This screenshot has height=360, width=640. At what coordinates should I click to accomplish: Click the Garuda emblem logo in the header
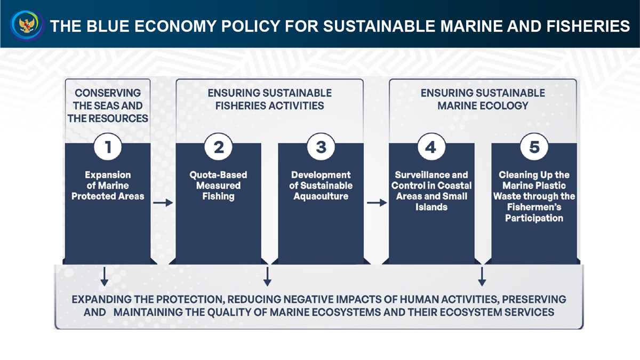coord(27,25)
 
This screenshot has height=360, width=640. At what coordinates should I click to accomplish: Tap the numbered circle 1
coord(108,147)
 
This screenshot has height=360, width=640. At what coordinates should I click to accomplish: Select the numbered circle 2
coord(218,147)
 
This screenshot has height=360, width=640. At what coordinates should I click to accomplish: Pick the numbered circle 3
coord(321,147)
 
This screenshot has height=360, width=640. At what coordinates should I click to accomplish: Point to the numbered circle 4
coord(431,147)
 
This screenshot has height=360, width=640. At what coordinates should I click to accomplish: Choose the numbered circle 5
coord(534,147)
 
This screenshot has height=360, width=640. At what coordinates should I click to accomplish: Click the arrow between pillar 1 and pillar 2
coord(163,203)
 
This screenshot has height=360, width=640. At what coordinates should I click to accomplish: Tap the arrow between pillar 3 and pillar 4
coord(377,203)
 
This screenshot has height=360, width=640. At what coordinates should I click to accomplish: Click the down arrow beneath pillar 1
coord(105,277)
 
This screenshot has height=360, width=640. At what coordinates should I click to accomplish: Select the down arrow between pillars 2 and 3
coord(267,277)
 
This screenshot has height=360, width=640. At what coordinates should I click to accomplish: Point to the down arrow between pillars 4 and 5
coord(482,277)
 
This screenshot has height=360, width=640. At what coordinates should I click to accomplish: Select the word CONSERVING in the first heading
coord(108,93)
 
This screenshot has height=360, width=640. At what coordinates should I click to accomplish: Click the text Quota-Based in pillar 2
coord(218,175)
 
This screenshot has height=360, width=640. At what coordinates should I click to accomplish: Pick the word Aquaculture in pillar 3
coord(321,196)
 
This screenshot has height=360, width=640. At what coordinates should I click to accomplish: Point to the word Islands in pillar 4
coord(431,207)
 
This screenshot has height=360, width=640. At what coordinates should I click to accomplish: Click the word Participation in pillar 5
coord(534,218)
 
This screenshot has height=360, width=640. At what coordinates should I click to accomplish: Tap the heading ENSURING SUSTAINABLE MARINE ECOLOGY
coord(483,99)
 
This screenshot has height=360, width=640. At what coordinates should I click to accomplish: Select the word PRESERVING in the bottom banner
coord(534,299)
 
